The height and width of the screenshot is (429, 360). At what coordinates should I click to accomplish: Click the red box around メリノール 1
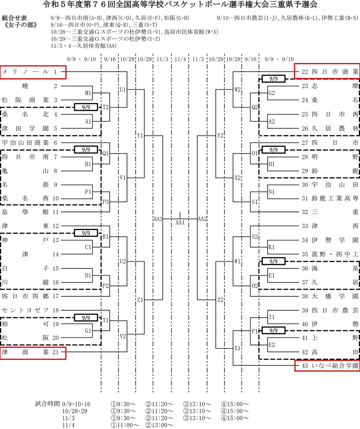[x=33, y=72]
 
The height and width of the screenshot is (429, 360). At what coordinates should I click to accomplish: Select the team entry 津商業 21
[x=33, y=352]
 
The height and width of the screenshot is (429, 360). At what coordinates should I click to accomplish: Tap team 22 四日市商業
[x=327, y=72]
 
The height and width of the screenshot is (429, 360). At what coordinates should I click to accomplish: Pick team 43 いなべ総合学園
[x=327, y=366]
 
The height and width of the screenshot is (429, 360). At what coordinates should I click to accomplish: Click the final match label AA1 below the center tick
[x=180, y=222]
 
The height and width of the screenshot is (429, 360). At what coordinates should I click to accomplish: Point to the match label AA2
[x=202, y=219]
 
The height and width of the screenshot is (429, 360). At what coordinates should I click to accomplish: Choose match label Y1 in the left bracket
[x=140, y=136]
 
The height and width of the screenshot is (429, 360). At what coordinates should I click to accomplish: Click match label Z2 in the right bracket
[x=220, y=300]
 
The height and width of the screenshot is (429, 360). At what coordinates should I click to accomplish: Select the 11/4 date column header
[x=180, y=59]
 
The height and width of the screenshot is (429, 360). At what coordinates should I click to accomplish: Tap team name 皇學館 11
[x=30, y=212]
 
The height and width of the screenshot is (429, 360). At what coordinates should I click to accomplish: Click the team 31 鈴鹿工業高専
[x=330, y=198]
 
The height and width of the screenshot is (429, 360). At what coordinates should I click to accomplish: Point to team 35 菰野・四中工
[x=330, y=254]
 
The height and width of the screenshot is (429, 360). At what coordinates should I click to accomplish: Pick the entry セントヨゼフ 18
[x=30, y=310]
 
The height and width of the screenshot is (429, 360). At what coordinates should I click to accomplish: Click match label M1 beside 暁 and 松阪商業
[x=88, y=93]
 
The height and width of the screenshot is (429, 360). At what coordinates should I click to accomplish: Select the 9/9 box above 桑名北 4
[x=86, y=107]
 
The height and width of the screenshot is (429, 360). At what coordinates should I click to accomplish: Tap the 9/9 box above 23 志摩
[x=273, y=79]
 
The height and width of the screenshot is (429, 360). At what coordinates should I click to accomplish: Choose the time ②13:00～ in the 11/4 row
[x=159, y=425]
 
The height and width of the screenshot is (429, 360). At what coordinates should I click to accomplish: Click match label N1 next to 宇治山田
[x=271, y=192]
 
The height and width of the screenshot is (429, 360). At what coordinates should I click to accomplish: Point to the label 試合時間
[x=47, y=404]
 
